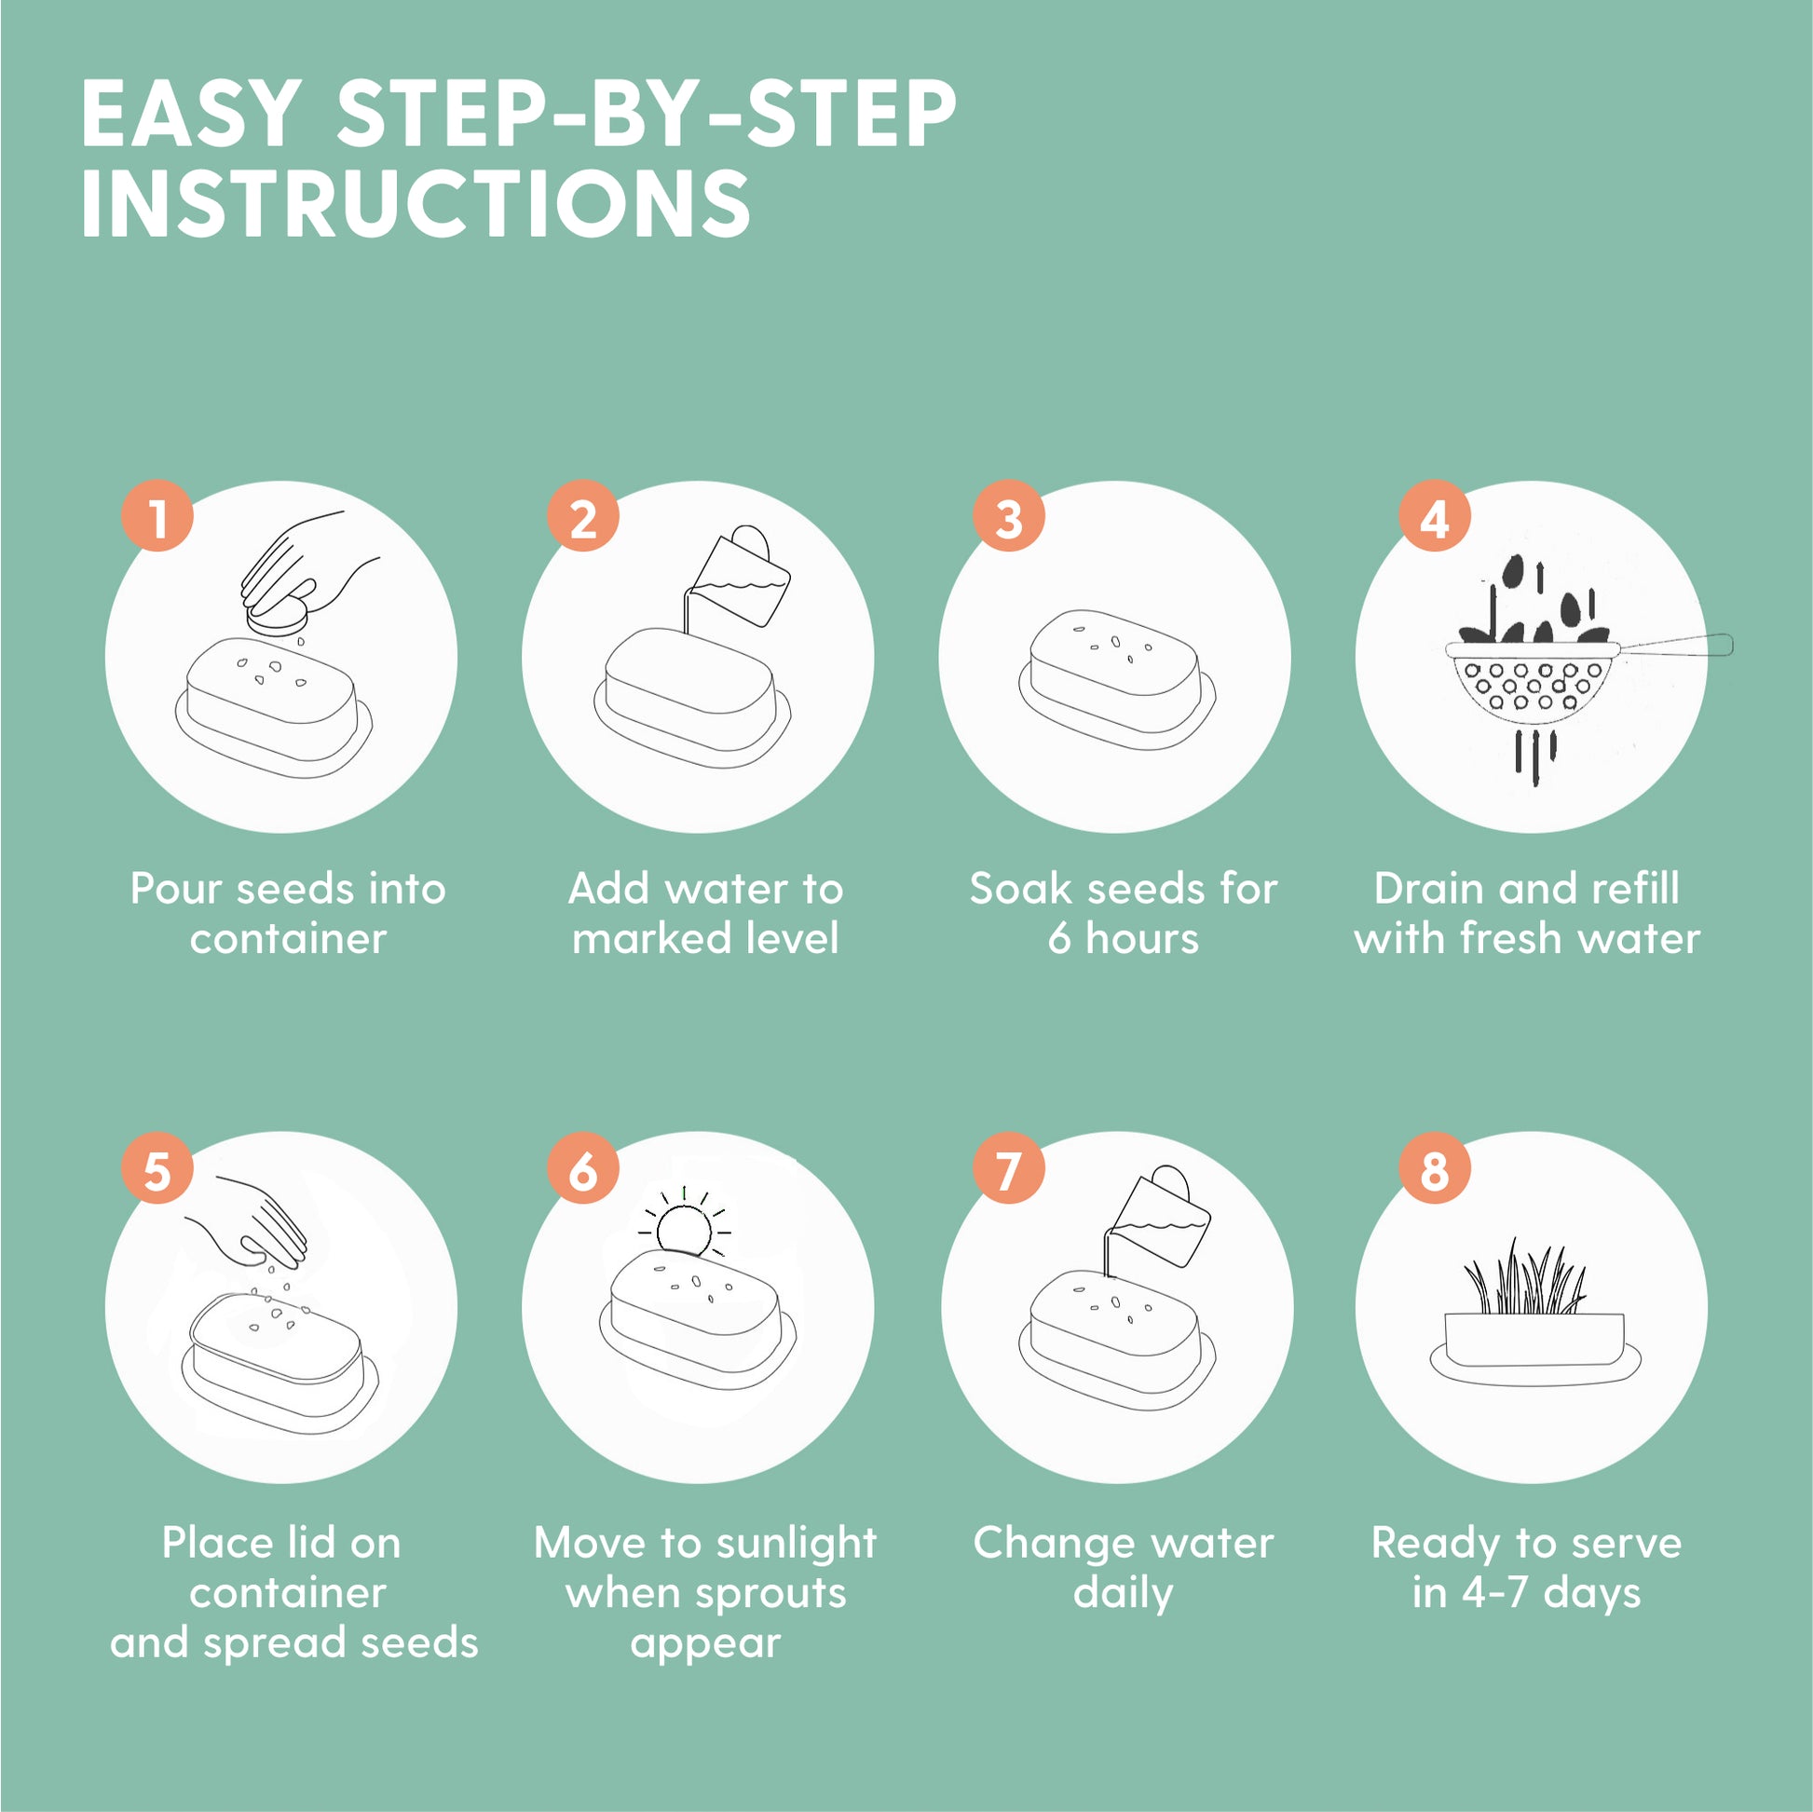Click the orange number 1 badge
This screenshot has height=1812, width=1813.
click(157, 516)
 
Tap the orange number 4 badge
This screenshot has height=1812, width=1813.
click(1434, 516)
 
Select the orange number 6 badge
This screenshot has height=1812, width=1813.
click(583, 1168)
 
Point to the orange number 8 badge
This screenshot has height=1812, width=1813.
click(1434, 1168)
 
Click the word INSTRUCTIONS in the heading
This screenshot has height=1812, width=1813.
click(416, 203)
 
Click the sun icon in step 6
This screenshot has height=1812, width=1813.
click(684, 1222)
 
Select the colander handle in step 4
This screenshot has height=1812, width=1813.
click(1676, 645)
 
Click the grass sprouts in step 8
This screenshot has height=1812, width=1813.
click(1525, 1277)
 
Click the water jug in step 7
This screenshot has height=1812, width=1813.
click(1160, 1217)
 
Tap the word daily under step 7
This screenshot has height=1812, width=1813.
click(1124, 1593)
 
